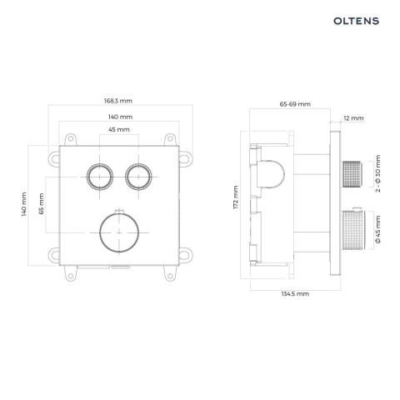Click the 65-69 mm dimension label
tap(294, 104)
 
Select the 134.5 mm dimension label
tap(294, 293)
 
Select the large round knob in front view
tap(117, 229)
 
